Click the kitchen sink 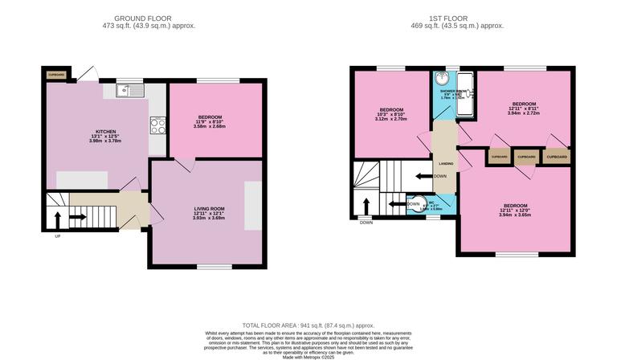(x=129, y=90)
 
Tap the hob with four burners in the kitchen (x=157, y=125)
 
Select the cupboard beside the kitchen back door (x=55, y=75)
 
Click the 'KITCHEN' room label (x=106, y=132)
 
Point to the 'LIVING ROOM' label (x=209, y=208)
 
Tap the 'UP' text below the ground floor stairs (x=57, y=235)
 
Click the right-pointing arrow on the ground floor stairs (x=77, y=215)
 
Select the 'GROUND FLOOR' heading (x=143, y=18)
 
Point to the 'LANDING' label (x=445, y=164)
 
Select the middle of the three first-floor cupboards (x=526, y=157)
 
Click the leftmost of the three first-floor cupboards (x=499, y=157)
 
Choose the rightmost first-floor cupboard (x=557, y=157)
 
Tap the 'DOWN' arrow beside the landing (x=423, y=176)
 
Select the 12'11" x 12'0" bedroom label (x=515, y=210)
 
